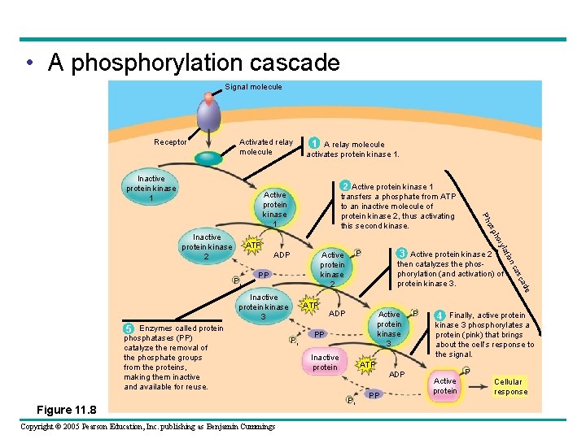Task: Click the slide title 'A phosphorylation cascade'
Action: point(193,63)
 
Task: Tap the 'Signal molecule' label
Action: point(253,87)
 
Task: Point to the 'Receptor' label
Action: point(171,142)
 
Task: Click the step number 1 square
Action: point(313,144)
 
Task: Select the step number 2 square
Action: point(345,186)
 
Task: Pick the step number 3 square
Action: point(401,254)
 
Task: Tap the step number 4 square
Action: point(439,315)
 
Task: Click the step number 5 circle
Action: point(129,328)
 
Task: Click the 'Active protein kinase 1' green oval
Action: point(275,209)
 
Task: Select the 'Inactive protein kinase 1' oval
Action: point(151,189)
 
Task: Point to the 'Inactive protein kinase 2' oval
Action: point(207,247)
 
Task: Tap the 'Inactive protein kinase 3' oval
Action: point(264,307)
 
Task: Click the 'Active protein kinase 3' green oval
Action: point(389,328)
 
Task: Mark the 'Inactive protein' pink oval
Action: point(325,363)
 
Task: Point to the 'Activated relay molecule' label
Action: point(266,147)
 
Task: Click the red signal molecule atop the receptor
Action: point(208,99)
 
